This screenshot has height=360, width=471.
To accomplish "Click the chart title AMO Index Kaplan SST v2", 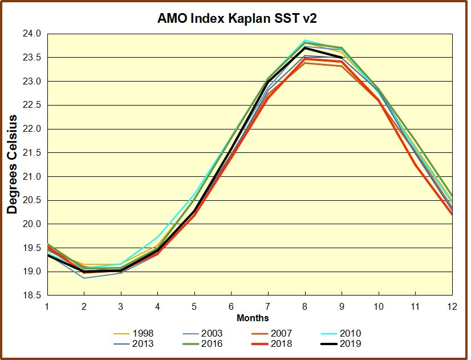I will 237,18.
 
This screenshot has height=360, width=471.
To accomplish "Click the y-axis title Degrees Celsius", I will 12,164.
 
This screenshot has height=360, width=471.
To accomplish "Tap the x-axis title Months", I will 253,318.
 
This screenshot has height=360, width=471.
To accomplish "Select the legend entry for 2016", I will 212,343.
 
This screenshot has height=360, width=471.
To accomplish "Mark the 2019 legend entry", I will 350,343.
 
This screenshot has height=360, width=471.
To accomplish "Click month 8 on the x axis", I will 305,307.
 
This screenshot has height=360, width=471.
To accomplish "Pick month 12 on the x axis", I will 452,307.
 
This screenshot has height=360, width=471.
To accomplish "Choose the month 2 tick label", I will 84,307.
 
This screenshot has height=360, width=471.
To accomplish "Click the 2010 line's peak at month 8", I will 305,41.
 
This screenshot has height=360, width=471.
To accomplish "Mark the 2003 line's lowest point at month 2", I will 84,278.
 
